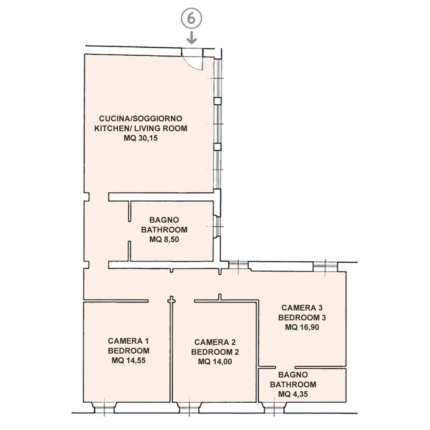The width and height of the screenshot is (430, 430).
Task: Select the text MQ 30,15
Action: click(141, 138)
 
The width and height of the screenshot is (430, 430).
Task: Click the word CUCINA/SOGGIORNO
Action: click(141, 119)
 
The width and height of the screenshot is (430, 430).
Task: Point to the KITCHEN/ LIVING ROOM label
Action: click(141, 128)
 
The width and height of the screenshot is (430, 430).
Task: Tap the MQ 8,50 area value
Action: click(164, 240)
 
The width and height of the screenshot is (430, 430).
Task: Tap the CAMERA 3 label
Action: click(302, 308)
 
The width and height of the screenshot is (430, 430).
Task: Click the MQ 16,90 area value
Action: click(302, 327)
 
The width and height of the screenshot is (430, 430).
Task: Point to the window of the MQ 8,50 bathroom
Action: click(217, 227)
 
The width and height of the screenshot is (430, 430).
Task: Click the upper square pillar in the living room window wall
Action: click(217, 101)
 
